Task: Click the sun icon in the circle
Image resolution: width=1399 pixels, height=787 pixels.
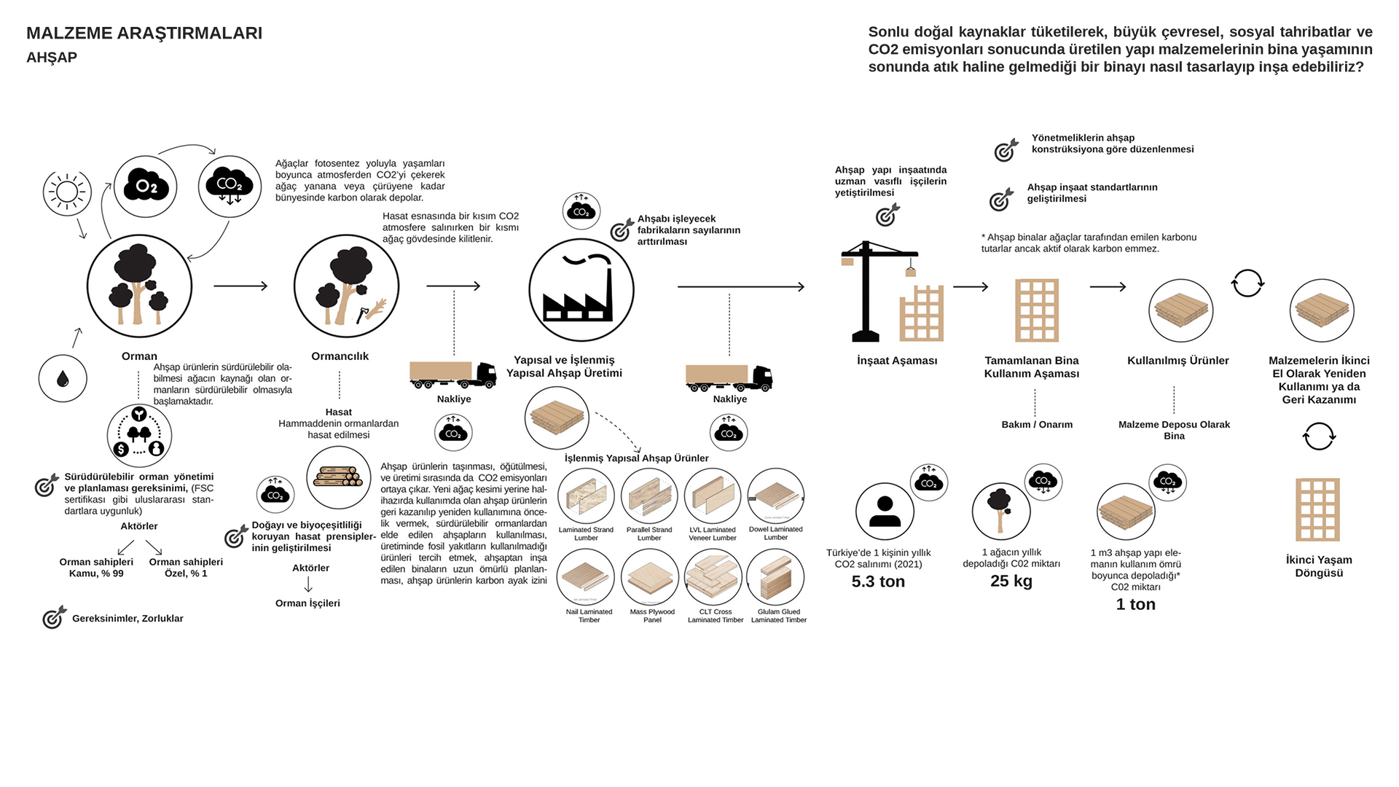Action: click(67, 192)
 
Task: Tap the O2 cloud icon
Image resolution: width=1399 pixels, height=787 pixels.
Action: click(146, 187)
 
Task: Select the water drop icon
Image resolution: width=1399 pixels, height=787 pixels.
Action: click(63, 379)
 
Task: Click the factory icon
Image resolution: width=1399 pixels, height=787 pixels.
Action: click(581, 290)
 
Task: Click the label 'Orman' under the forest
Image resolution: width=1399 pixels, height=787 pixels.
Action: click(139, 356)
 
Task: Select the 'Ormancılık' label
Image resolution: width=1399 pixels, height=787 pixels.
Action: click(340, 356)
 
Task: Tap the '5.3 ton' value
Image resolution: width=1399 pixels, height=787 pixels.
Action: click(878, 582)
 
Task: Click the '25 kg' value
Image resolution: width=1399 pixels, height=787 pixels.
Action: click(1011, 581)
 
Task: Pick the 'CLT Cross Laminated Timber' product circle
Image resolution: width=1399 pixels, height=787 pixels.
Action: click(713, 577)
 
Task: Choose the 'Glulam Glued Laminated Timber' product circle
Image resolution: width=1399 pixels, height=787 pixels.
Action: click(776, 577)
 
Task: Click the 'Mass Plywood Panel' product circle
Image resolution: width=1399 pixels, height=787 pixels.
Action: click(650, 577)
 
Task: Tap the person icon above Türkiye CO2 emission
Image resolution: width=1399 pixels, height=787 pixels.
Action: click(885, 512)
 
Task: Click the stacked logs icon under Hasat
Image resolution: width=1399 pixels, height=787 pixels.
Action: click(338, 478)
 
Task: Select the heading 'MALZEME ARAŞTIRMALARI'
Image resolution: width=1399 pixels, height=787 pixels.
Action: click(144, 34)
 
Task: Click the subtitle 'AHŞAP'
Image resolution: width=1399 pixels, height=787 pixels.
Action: click(52, 58)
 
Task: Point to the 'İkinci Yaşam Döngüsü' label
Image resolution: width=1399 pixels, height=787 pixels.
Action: click(1319, 566)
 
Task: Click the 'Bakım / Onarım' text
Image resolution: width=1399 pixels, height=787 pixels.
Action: click(1037, 425)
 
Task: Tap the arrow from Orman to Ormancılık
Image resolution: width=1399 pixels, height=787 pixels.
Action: click(240, 286)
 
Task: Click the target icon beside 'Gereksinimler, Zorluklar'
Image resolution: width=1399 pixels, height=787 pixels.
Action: click(54, 618)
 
